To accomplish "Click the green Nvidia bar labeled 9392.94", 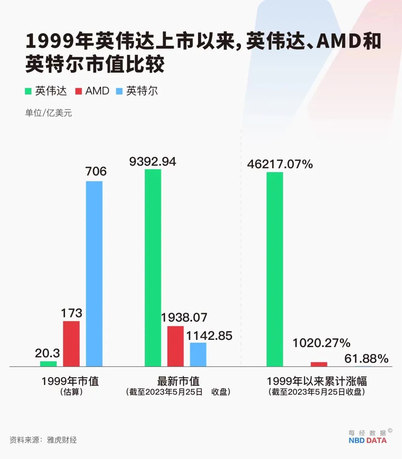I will (x=153, y=268).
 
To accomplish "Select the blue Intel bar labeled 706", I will (x=94, y=274).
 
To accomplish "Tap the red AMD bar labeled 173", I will (x=71, y=344).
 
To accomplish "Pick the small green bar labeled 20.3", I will (x=48, y=364).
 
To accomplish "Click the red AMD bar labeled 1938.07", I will (x=175, y=346).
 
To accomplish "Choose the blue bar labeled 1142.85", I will (x=198, y=354).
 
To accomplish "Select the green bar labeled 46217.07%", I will (x=275, y=269).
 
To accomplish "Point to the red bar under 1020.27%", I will (x=319, y=364).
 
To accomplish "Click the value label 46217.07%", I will (x=280, y=164).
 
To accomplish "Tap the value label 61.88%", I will (x=366, y=358).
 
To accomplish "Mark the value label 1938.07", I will (x=184, y=318).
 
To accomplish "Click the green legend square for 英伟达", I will (x=28, y=91).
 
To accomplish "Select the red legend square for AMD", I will (x=79, y=91).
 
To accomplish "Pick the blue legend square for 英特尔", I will (x=119, y=91).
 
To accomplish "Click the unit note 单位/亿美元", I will (x=48, y=113).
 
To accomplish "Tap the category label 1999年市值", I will (x=70, y=381).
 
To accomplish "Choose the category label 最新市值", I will (x=178, y=381).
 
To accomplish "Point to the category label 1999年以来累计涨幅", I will (x=317, y=381).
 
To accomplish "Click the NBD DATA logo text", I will (x=367, y=440).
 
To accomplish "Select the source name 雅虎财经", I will (x=62, y=440).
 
